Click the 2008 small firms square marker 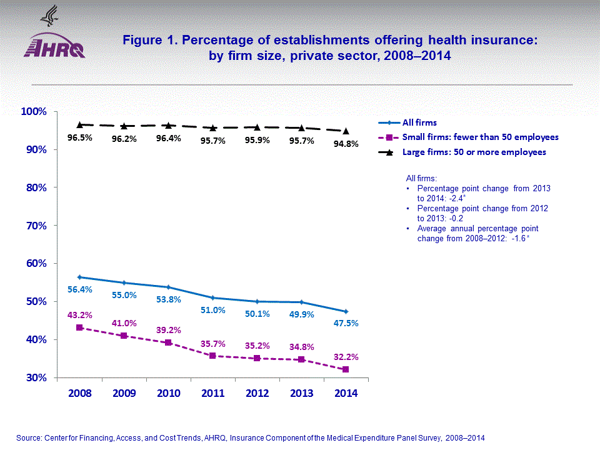[x=79, y=327]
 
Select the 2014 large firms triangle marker [x=346, y=131]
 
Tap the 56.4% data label [x=79, y=289]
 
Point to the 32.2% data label [x=346, y=357]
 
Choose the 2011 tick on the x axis [x=213, y=393]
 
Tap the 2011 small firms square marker [x=213, y=356]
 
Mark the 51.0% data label [x=213, y=310]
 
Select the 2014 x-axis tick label [x=346, y=393]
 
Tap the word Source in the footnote [x=29, y=438]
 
